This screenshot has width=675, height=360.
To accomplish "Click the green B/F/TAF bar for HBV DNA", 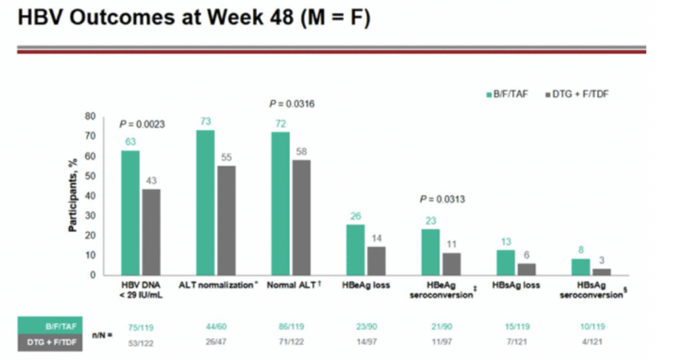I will [130, 212].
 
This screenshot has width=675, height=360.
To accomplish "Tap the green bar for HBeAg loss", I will [356, 249].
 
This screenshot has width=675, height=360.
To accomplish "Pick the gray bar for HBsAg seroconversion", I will [601, 271].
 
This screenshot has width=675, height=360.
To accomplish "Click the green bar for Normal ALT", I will [281, 203].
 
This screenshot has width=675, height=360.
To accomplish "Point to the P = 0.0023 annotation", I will [142, 124].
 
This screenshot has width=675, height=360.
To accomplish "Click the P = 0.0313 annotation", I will [442, 199].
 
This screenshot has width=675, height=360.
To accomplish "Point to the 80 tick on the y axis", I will [91, 116].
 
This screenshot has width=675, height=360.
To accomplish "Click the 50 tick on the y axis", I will [91, 176].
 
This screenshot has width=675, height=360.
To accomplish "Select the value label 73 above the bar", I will [206, 121].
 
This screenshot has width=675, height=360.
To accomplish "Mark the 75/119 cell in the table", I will [138, 326].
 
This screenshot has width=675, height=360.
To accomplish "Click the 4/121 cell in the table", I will [591, 342].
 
